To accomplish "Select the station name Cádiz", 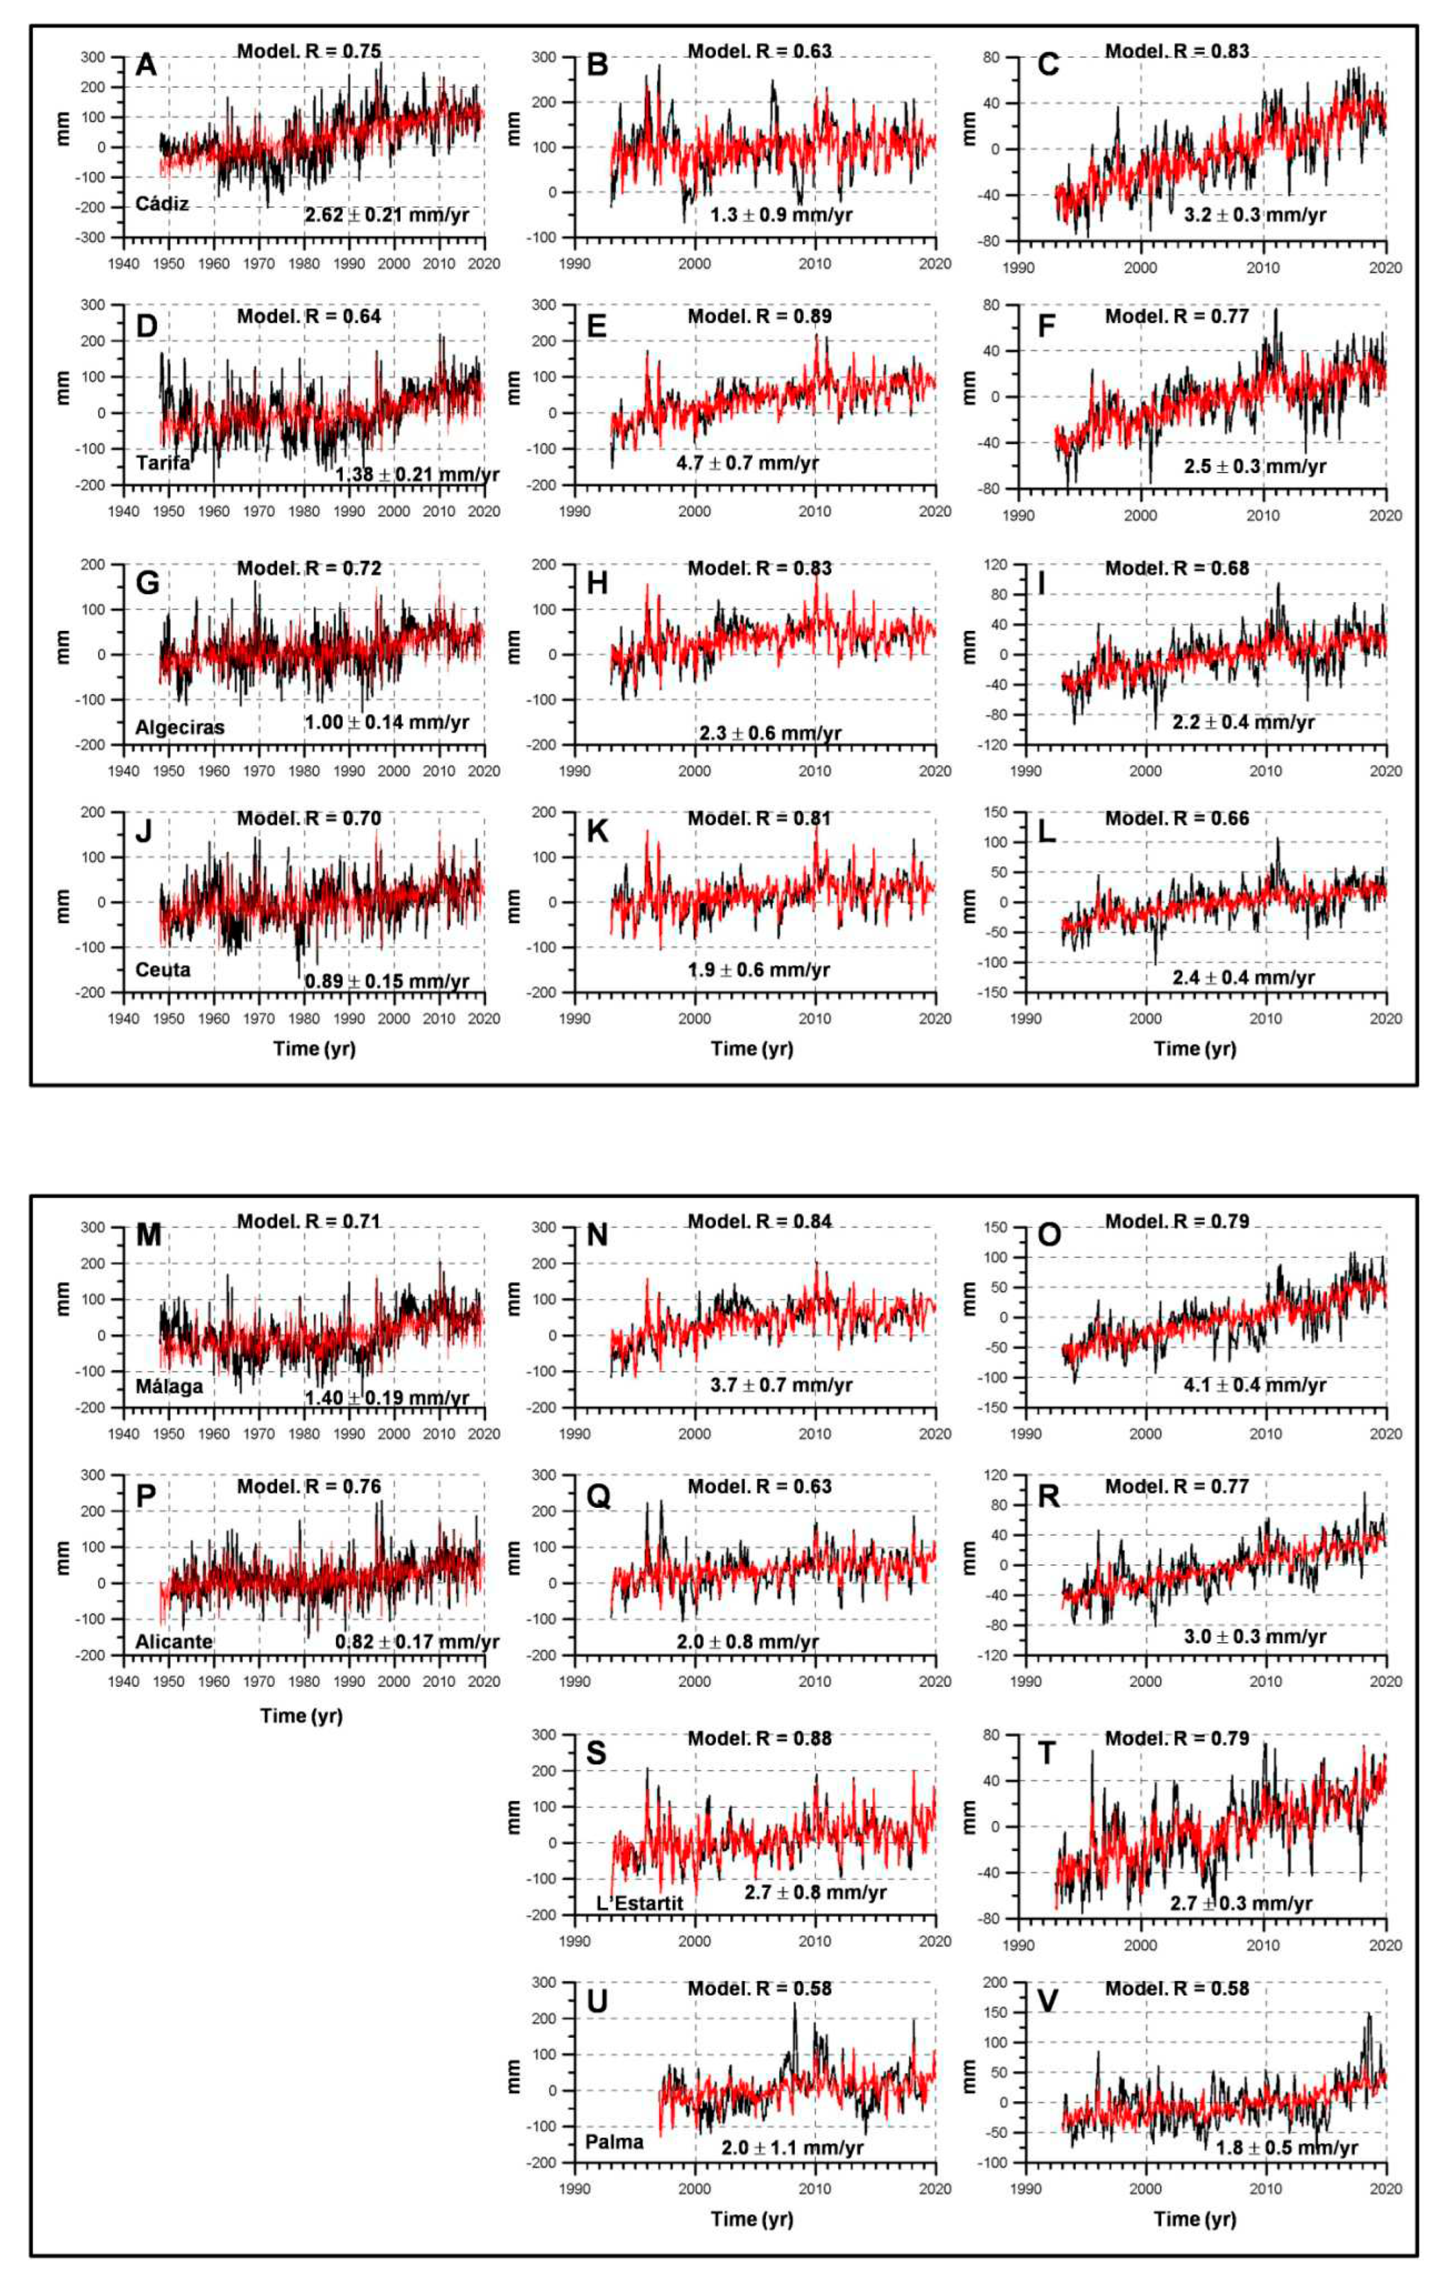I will click(x=162, y=203).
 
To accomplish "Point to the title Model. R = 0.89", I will click(x=760, y=316).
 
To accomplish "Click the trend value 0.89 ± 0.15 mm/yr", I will click(x=386, y=981).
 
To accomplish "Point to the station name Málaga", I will click(x=168, y=1386).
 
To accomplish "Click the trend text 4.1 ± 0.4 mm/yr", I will click(x=1255, y=1385).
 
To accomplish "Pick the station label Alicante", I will click(x=173, y=1641).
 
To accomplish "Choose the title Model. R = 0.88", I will click(x=760, y=1738).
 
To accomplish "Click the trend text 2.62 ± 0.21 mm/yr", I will click(x=386, y=215).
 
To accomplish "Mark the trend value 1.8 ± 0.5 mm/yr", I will click(x=1287, y=2147).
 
